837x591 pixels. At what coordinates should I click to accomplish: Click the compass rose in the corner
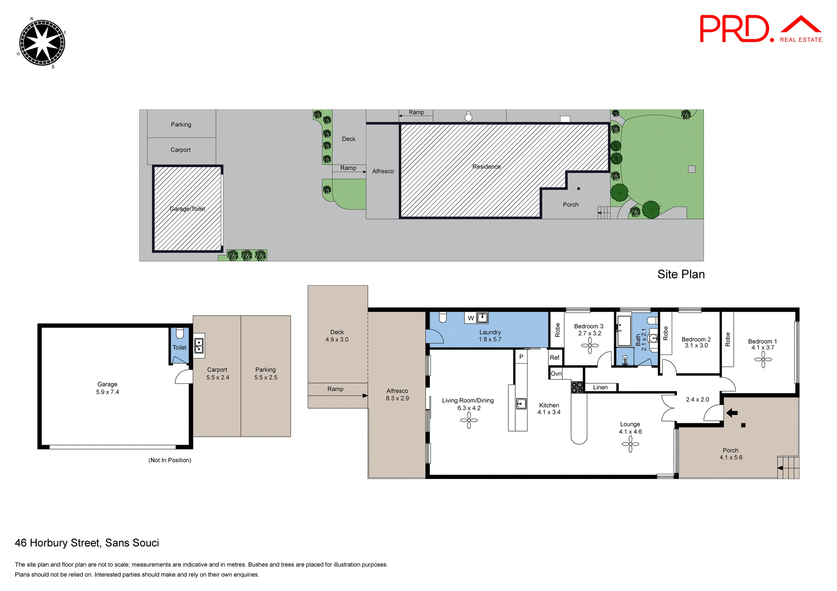point(42,43)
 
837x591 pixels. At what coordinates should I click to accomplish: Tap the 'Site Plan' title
point(680,274)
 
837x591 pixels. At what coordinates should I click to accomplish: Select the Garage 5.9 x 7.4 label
point(107,388)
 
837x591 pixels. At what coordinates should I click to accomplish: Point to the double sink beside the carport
point(199,346)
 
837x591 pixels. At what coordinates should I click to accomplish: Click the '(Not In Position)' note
point(170,460)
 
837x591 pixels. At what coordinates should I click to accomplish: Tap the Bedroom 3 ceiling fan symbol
point(589,346)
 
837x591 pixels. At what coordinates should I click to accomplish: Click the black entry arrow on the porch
point(732,413)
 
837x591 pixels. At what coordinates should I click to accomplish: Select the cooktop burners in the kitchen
point(577,387)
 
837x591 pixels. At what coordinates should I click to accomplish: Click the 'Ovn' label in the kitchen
point(556,374)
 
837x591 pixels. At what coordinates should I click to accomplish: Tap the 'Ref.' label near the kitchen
point(555,358)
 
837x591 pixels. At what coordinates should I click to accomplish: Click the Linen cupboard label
point(600,387)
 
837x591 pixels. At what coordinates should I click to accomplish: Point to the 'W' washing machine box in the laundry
point(470,318)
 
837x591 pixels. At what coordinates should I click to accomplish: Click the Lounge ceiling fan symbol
point(630,444)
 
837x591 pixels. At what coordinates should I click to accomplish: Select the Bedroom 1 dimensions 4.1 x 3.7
point(762,348)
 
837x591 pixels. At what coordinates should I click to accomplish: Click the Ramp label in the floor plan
point(335,389)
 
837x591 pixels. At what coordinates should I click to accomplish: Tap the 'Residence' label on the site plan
point(486,166)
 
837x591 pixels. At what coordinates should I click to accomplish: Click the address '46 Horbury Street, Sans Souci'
point(87,543)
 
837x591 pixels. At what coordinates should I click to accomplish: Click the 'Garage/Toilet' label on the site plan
point(187,209)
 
